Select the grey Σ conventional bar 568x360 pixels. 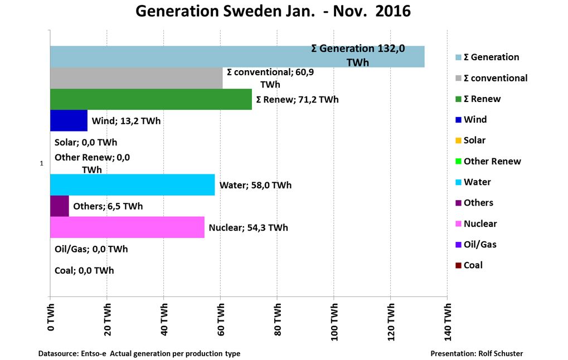[x=136, y=78]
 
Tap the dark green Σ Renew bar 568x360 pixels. [x=151, y=99]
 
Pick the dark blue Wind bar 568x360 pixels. [x=69, y=120]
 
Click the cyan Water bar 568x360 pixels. [x=132, y=184]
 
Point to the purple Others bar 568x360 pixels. [x=59, y=206]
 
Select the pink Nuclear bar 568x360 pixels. [x=127, y=227]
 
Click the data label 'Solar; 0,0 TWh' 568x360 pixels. [x=86, y=142]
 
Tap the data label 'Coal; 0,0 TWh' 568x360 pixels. [x=84, y=270]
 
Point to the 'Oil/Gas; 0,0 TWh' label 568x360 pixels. [x=91, y=249]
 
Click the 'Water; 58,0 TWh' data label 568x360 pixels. [x=255, y=185]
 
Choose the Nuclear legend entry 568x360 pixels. [x=479, y=223]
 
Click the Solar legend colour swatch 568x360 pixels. [x=458, y=140]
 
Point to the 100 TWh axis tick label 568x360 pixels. [x=334, y=318]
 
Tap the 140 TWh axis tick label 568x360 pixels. [x=448, y=318]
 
